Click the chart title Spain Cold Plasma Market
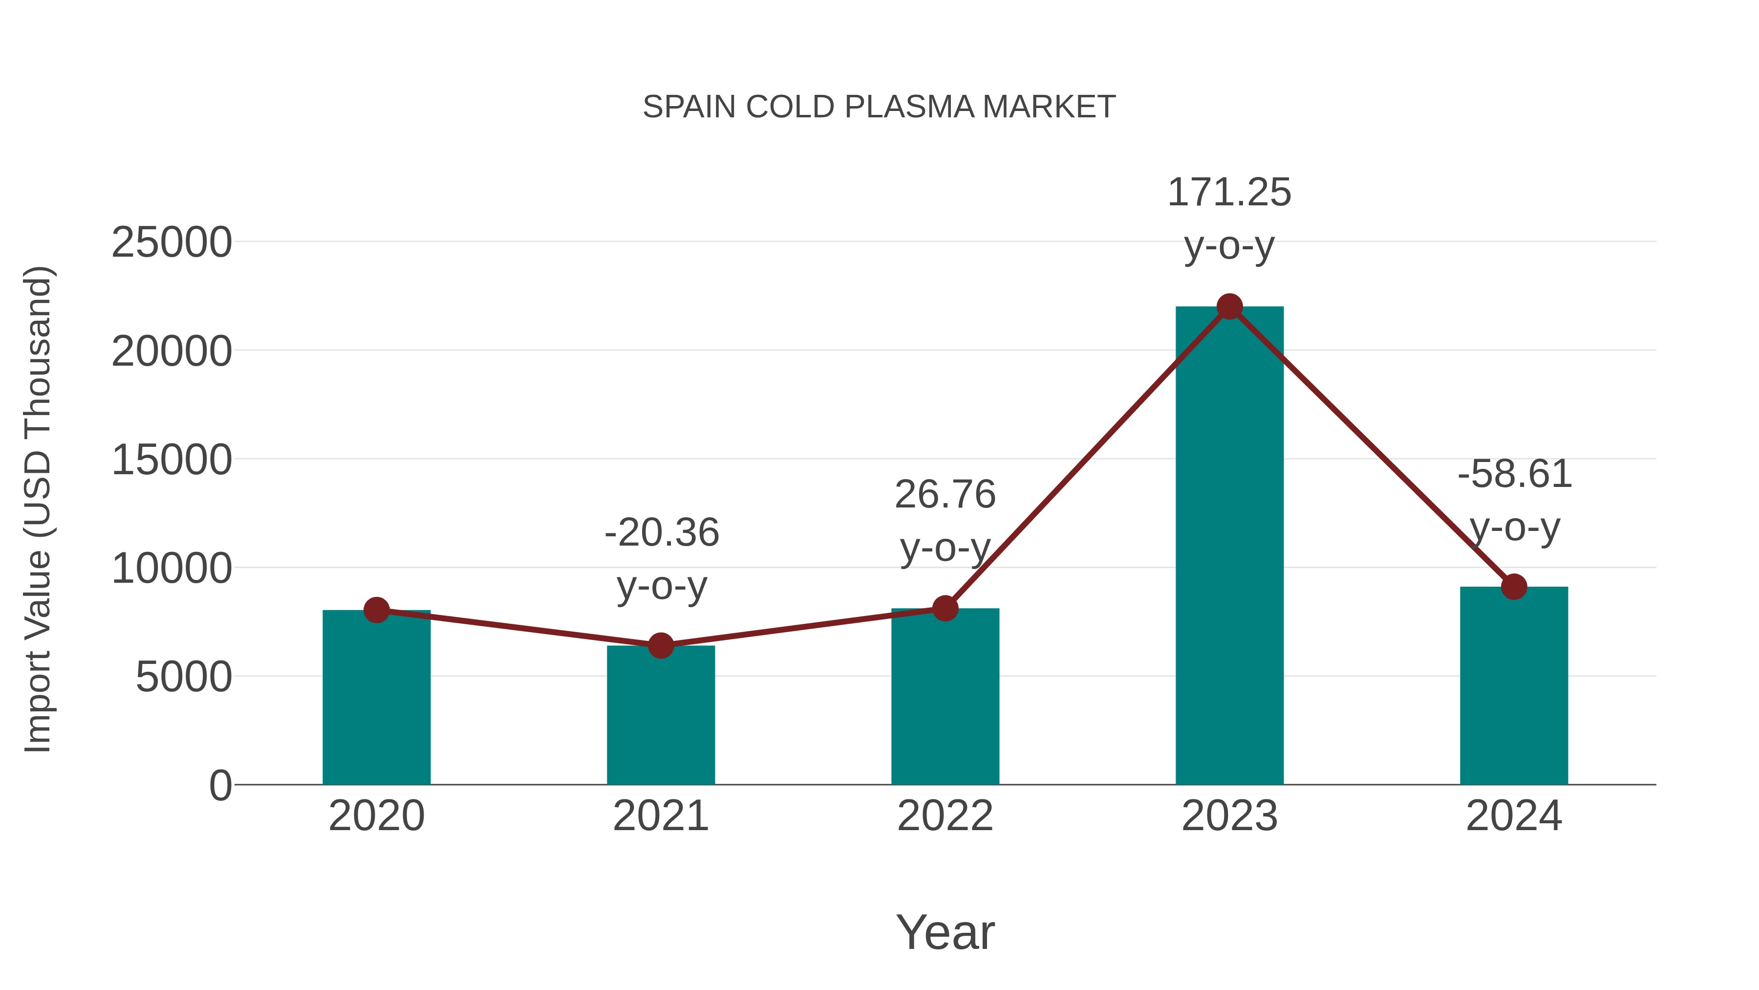(x=879, y=107)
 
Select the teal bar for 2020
(x=376, y=704)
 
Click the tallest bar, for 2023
(x=1229, y=547)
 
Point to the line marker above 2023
(x=1229, y=307)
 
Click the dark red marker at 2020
(x=376, y=610)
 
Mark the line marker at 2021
(x=660, y=645)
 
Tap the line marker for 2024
(x=1514, y=586)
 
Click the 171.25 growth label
(x=1229, y=193)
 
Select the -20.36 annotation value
(x=662, y=533)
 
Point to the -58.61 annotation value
(x=1515, y=474)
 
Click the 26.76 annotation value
(x=945, y=495)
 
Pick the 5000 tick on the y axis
(x=184, y=677)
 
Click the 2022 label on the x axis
(x=945, y=816)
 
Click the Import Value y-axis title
(x=38, y=510)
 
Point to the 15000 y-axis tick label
(x=172, y=460)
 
